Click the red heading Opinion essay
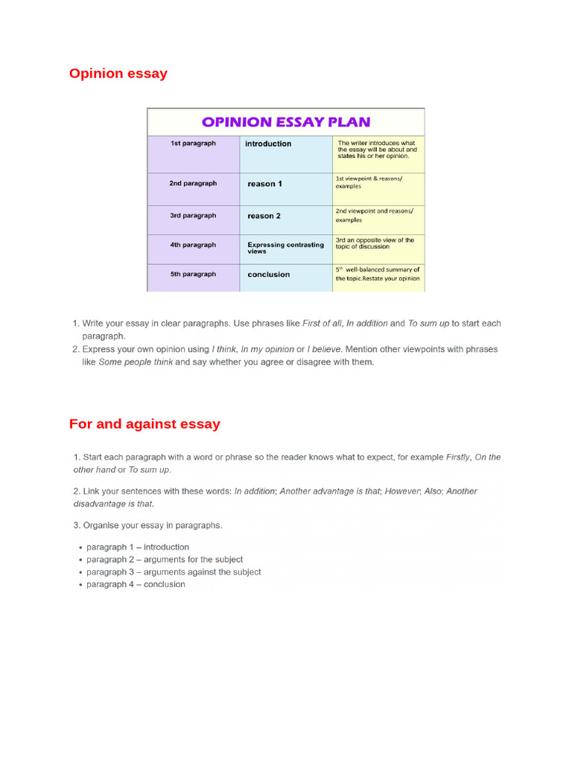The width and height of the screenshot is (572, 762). pos(118,74)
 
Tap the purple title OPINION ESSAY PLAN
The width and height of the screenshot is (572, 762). pos(286,122)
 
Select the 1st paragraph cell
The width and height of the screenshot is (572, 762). pos(193,144)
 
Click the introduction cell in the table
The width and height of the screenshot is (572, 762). pos(268,144)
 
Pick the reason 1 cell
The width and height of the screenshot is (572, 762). pos(264,184)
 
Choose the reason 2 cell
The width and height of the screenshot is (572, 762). pos(264,216)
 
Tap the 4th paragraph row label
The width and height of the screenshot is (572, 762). pos(193,245)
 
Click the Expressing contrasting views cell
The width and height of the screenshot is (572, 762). pos(285,248)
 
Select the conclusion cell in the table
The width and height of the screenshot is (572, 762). pos(269,275)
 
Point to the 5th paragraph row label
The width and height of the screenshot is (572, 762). pos(193,274)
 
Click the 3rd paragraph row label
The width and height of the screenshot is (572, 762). pos(193,216)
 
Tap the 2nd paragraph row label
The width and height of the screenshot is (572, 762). pos(193,183)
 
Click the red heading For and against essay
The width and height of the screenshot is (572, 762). pos(144,424)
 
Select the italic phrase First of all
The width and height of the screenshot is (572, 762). pos(322,324)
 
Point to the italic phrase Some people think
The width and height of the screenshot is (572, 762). pos(136,362)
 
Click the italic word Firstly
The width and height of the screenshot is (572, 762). pos(457,458)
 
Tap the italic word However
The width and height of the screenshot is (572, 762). pos(401,491)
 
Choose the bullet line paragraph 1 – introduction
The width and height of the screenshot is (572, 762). pos(138,547)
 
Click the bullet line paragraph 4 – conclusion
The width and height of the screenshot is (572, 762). pos(136,584)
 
